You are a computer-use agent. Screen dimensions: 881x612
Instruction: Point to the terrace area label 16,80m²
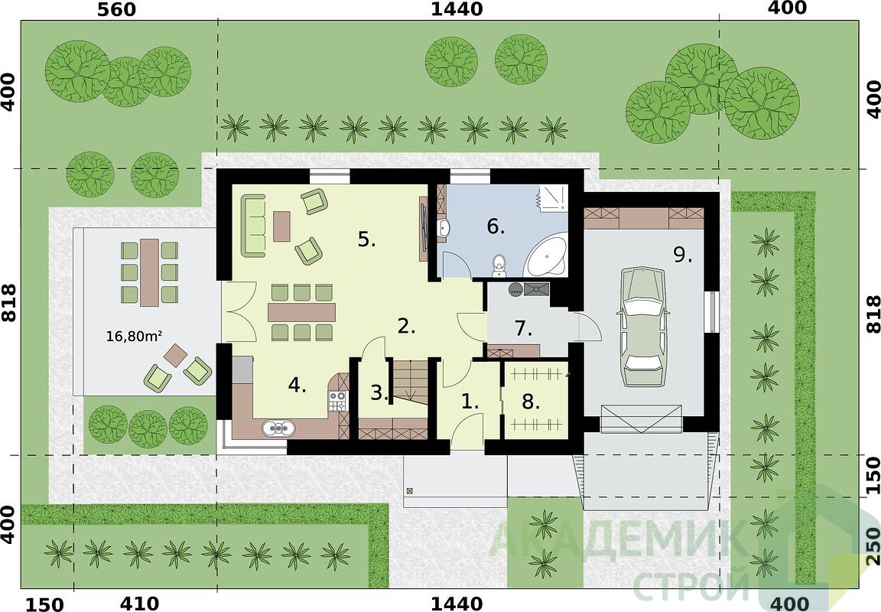point(135,337)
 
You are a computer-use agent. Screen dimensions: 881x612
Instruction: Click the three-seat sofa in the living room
point(253,226)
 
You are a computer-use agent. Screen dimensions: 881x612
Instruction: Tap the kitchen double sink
point(278,428)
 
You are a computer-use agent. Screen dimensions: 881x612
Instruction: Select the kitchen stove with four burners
point(338,402)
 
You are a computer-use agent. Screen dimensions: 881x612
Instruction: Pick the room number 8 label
point(531,402)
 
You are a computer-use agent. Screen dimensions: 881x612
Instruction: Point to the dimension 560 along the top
point(117,9)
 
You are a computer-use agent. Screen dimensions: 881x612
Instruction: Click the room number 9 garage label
point(683,256)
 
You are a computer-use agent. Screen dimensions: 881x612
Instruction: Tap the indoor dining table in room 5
point(302,312)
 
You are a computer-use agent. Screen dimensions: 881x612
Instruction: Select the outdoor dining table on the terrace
point(149,272)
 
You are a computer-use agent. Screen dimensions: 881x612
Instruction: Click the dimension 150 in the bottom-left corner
point(46,604)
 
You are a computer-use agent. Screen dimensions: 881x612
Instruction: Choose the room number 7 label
point(523,328)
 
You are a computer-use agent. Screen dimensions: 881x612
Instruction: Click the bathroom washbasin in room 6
point(444,228)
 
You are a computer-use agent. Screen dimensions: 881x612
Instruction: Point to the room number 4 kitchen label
point(297,386)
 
